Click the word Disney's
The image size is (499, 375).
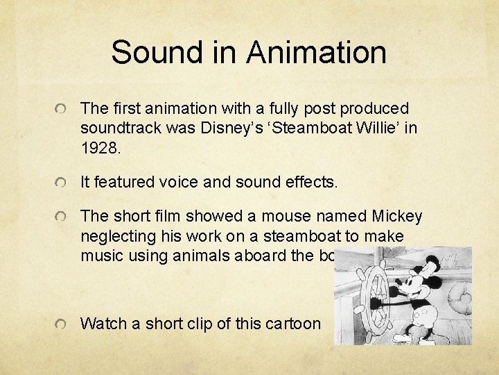[225, 128]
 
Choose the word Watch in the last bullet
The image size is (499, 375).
[100, 324]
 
